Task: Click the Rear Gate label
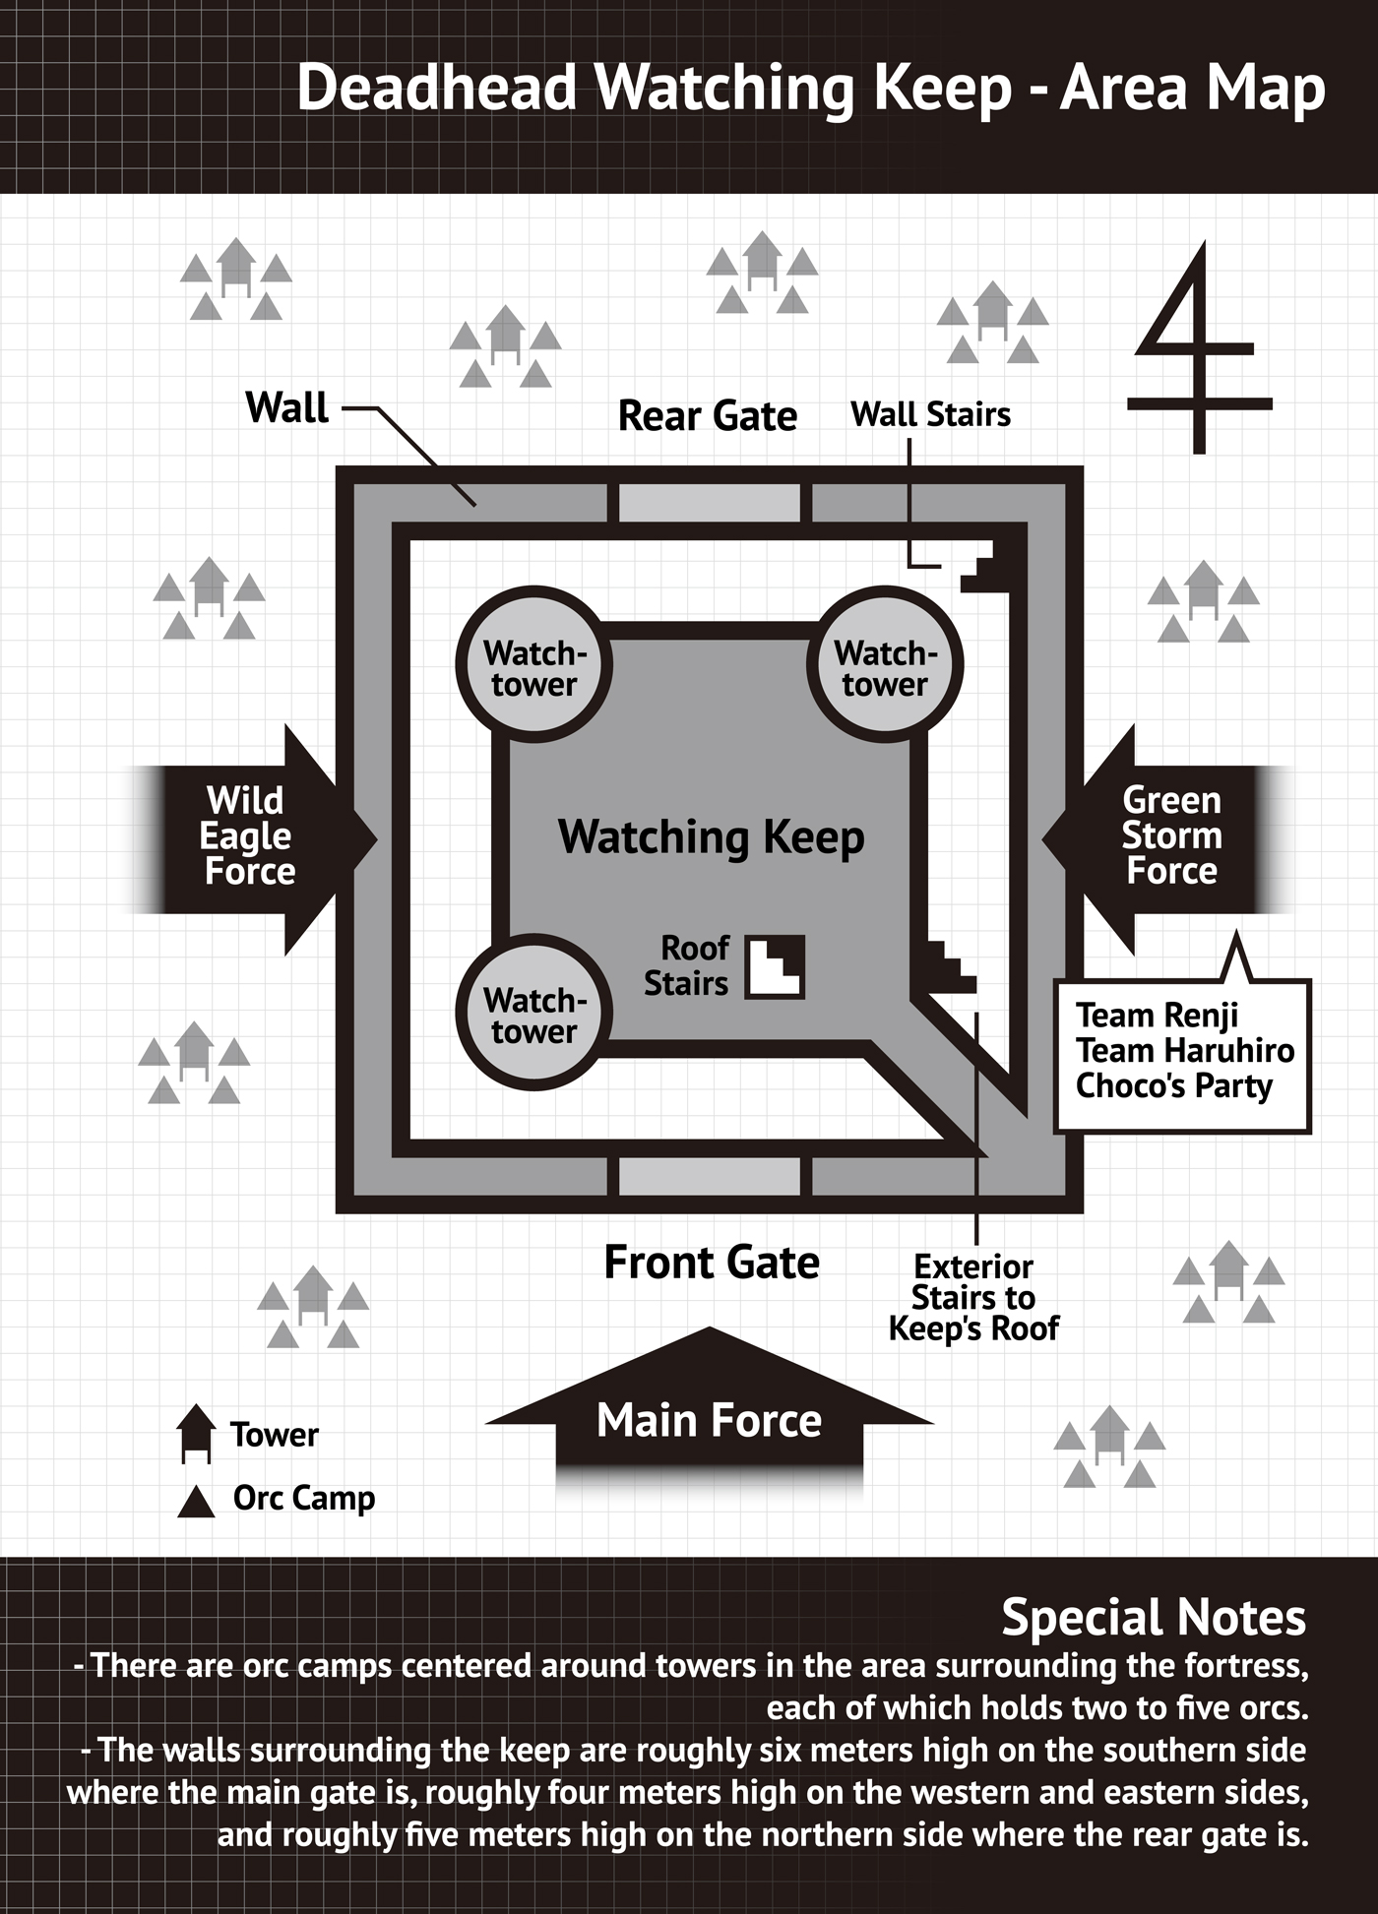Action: tap(707, 416)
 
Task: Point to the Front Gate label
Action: tap(711, 1263)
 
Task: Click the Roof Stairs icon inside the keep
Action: tap(775, 967)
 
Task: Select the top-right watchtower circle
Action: tap(885, 666)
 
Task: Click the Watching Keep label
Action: tap(711, 837)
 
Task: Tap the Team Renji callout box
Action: tap(1182, 1053)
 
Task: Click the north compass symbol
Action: tap(1198, 349)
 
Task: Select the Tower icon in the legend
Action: tap(196, 1433)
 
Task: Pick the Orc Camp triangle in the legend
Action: tap(196, 1502)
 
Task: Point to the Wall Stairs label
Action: tap(930, 414)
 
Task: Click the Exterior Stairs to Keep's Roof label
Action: tap(973, 1297)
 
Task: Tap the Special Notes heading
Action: tap(1153, 1617)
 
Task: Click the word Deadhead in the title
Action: tap(436, 88)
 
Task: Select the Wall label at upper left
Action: tap(286, 407)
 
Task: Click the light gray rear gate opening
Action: tap(709, 503)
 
